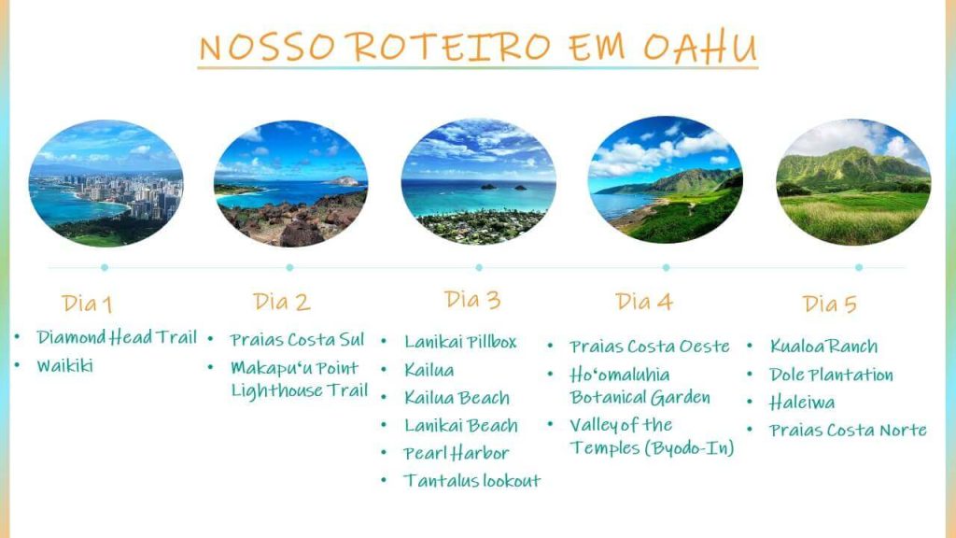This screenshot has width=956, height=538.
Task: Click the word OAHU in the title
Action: pos(700,47)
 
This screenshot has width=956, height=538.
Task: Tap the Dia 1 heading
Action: pos(87,304)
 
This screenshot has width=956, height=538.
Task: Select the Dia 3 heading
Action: pos(472,300)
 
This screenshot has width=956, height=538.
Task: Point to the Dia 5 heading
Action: pos(830,304)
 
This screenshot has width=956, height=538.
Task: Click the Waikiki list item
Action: pos(64,365)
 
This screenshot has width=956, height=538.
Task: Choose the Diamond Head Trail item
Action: pos(117,337)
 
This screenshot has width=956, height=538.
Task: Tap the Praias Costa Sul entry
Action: pos(297,339)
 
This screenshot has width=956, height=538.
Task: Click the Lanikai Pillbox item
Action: pos(460,342)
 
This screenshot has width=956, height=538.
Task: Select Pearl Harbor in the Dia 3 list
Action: pos(456,453)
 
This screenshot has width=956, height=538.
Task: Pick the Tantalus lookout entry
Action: pos(471,481)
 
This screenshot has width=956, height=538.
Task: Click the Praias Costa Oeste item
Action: pos(650,347)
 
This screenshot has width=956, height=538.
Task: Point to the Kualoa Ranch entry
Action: pos(823,347)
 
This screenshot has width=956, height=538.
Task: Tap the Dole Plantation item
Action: pos(831,375)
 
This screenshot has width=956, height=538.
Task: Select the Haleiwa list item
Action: pos(802,403)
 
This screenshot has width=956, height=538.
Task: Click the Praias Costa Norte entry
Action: pos(848,430)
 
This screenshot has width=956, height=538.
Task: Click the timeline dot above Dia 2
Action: pos(289,267)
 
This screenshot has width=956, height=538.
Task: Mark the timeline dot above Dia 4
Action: pos(666,267)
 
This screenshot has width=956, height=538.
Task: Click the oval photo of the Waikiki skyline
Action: pos(106,183)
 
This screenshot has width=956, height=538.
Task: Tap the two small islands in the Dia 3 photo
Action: pos(503,187)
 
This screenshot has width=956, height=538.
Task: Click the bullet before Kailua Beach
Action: pos(384,397)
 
